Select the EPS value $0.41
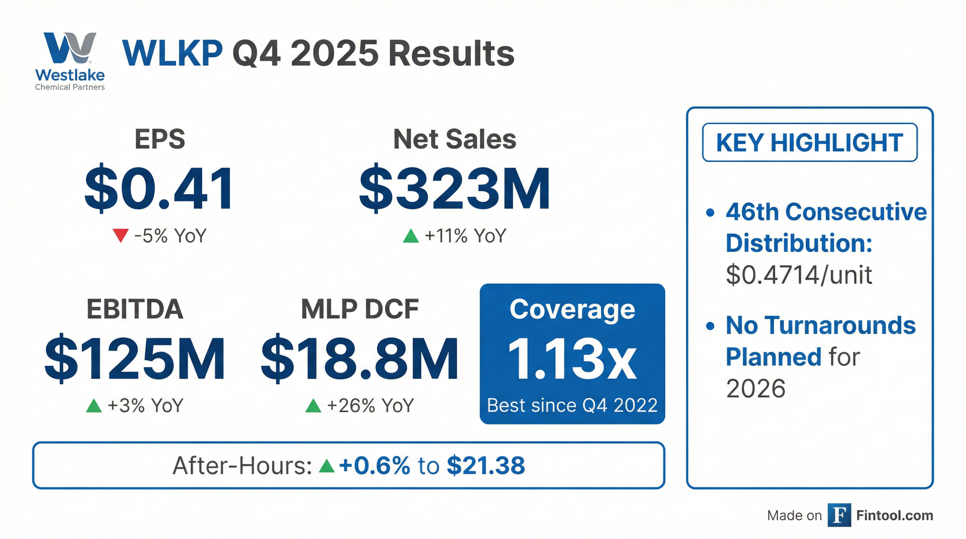[x=159, y=188]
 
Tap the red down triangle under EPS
[x=120, y=236]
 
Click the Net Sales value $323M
[x=455, y=188]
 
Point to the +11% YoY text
[x=465, y=236]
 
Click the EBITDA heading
[x=135, y=309]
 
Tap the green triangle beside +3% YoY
[x=94, y=406]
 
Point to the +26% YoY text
[x=370, y=406]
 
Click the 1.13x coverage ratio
[x=572, y=359]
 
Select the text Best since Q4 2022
[x=572, y=406]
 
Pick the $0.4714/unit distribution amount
[x=799, y=275]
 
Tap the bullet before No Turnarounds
[x=709, y=326]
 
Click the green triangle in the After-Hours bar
[x=326, y=466]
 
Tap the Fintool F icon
[x=839, y=515]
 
